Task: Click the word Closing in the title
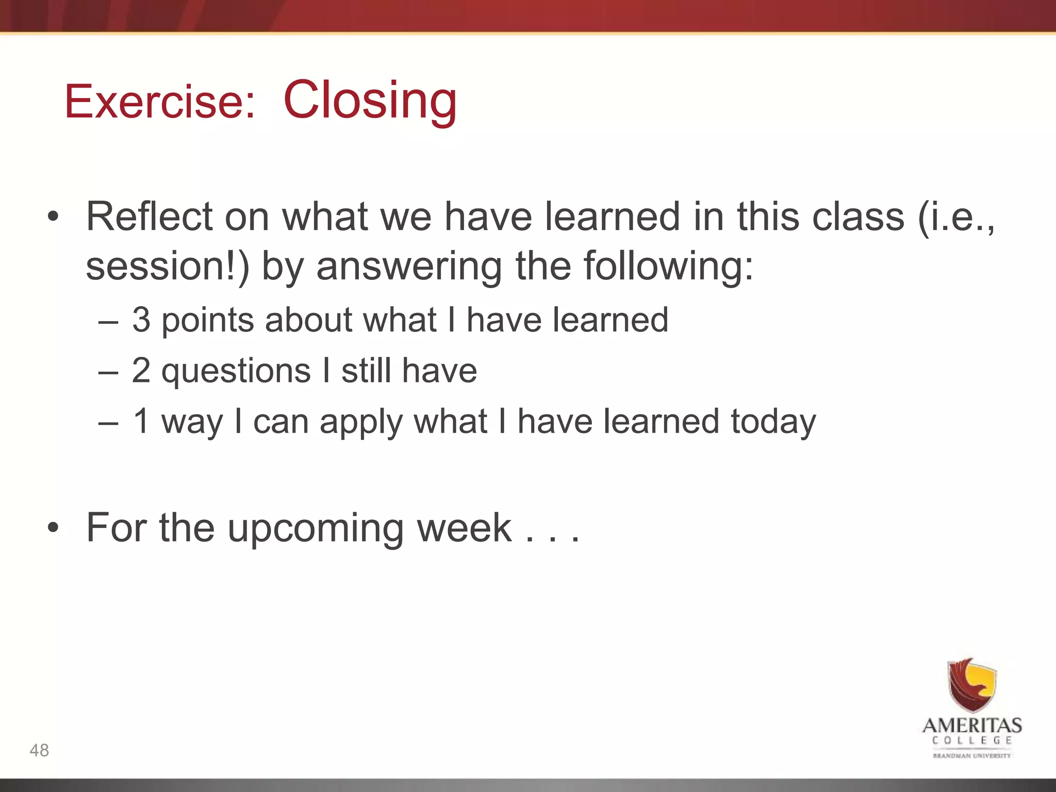(x=370, y=100)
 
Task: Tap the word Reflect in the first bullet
(x=150, y=217)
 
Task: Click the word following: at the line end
(x=668, y=266)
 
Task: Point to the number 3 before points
(x=141, y=320)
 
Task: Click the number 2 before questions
(x=141, y=370)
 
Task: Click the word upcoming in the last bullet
(x=316, y=529)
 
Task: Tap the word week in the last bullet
(x=464, y=527)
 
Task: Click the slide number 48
(x=39, y=750)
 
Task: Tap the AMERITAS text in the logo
(x=972, y=725)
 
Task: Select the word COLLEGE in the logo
(x=972, y=740)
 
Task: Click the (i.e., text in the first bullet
(x=955, y=217)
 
